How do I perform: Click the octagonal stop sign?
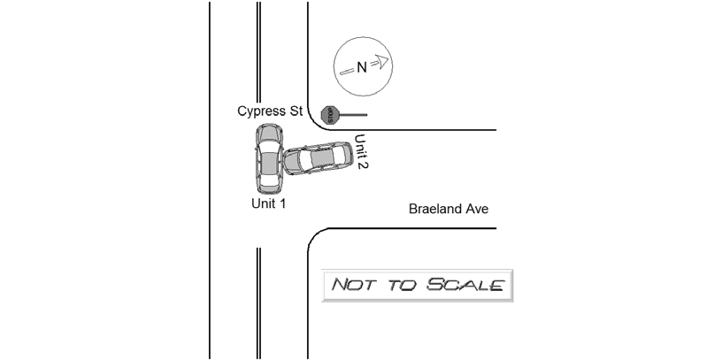(330, 115)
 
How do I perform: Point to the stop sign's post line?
(353, 115)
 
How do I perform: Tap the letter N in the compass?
(362, 68)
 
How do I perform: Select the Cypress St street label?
(270, 111)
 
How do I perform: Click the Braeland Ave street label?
(449, 209)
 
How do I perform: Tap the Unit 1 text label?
(268, 203)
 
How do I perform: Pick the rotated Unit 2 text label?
(362, 151)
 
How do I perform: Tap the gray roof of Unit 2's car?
(320, 157)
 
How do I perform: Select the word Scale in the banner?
(465, 285)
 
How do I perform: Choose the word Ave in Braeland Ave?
(476, 209)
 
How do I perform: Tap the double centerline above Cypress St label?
(258, 52)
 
